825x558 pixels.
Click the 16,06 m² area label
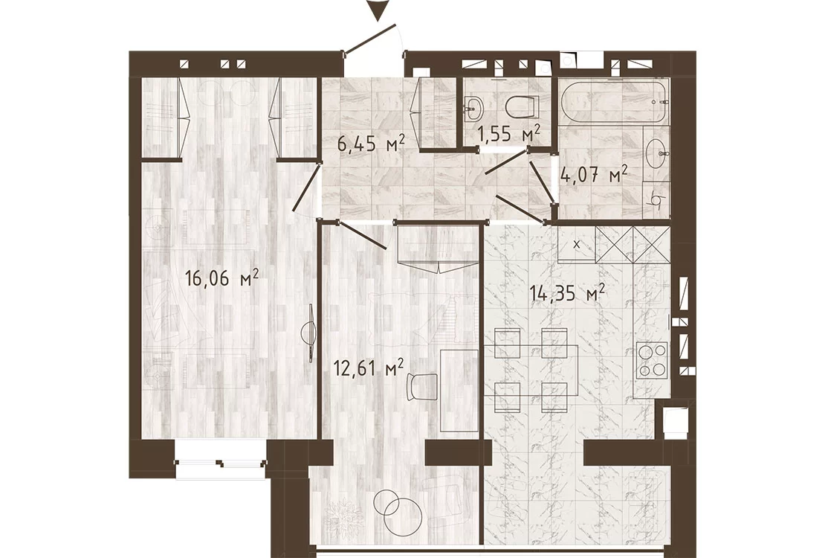tap(222, 278)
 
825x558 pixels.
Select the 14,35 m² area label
tap(567, 293)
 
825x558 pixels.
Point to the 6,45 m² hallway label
tap(372, 142)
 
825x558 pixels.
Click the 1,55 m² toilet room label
tap(509, 134)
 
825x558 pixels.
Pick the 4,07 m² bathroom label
tap(595, 173)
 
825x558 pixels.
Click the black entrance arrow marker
tap(378, 10)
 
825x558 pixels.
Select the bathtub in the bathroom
tap(613, 102)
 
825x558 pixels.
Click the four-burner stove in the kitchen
tap(652, 360)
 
